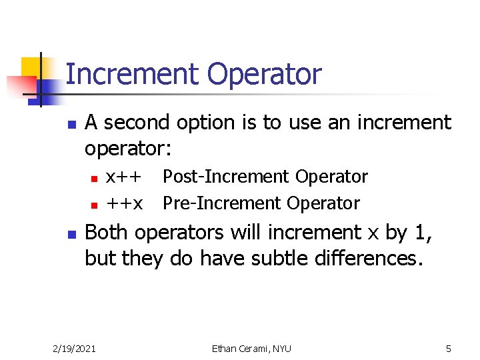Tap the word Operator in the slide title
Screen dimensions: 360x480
[265, 75]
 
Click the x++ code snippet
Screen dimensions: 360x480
[124, 177]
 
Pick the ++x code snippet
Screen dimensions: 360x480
[124, 203]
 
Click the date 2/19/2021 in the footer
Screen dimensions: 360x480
[73, 348]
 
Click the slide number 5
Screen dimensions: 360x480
[449, 348]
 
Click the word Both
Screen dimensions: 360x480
[108, 233]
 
